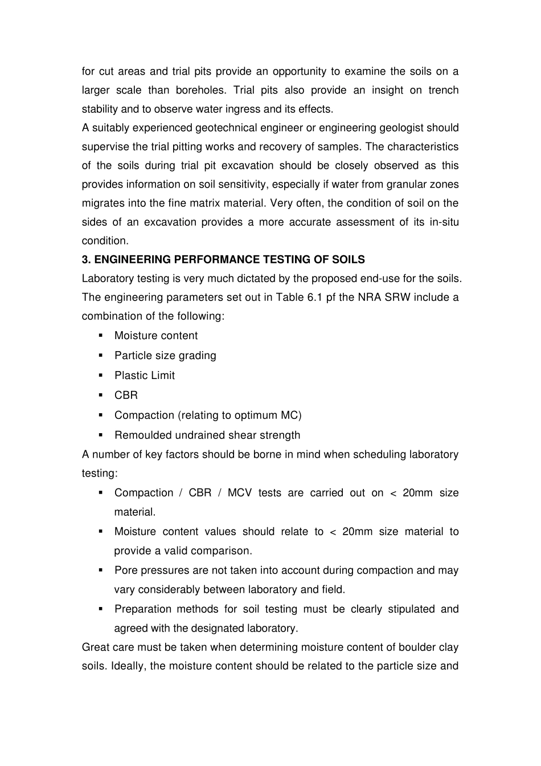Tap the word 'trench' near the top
tap(444, 90)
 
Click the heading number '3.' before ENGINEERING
tap(87, 259)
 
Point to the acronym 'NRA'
tap(370, 297)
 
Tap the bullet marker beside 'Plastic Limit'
tap(100, 375)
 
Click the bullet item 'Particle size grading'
tap(165, 356)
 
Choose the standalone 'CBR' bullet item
tap(126, 395)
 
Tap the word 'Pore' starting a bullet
tap(126, 571)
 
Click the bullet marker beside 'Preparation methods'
tap(100, 609)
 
